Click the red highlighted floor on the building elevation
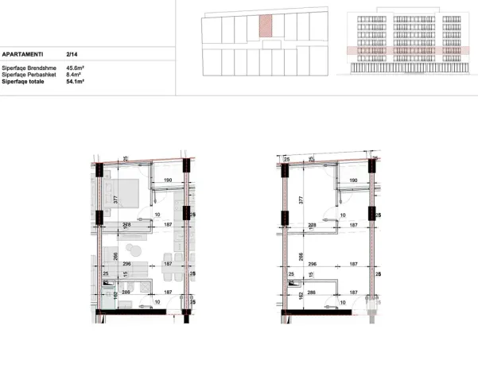[396, 51]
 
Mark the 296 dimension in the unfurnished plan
[313, 263]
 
